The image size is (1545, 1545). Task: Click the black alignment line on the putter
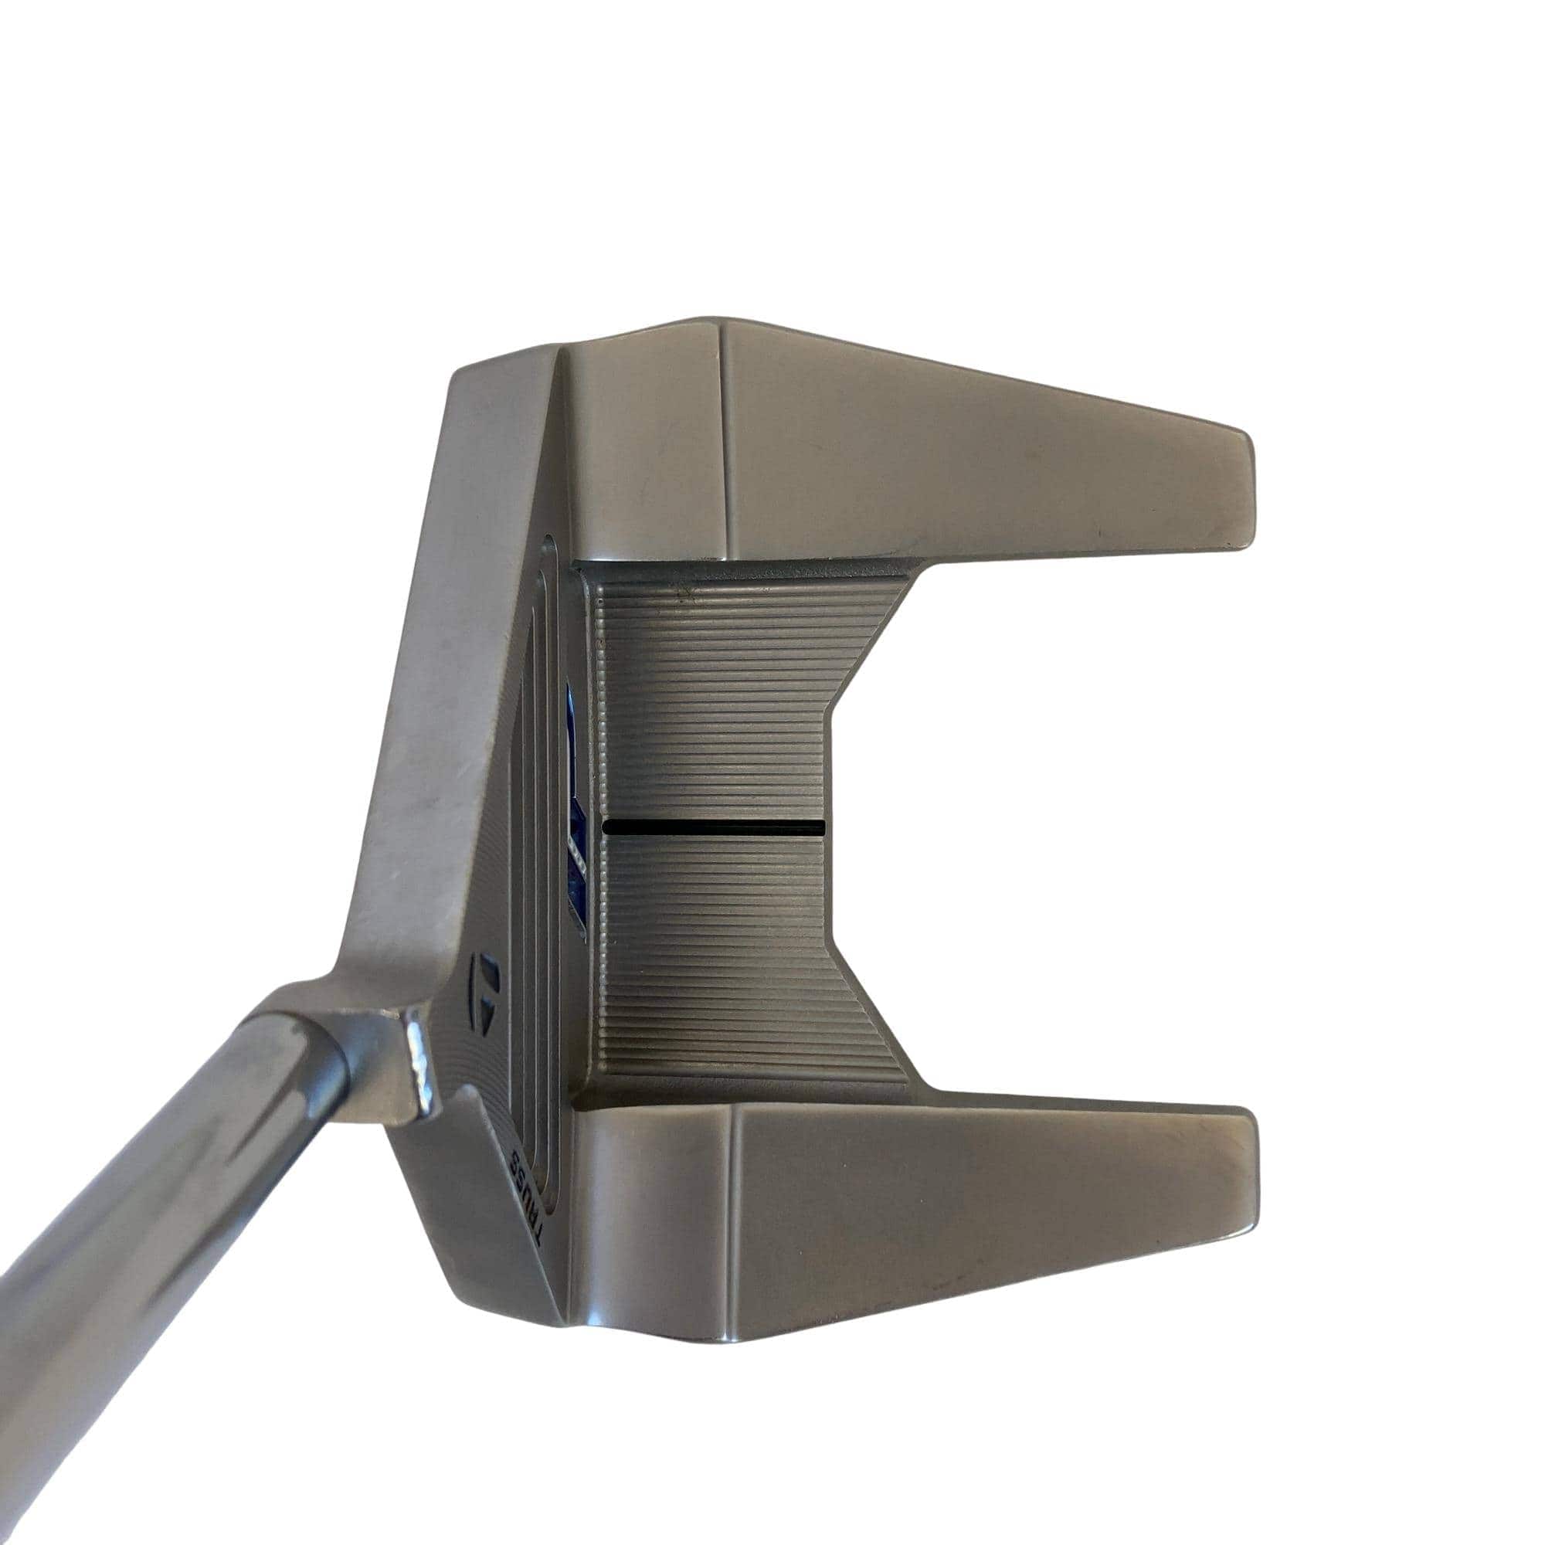point(714,827)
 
